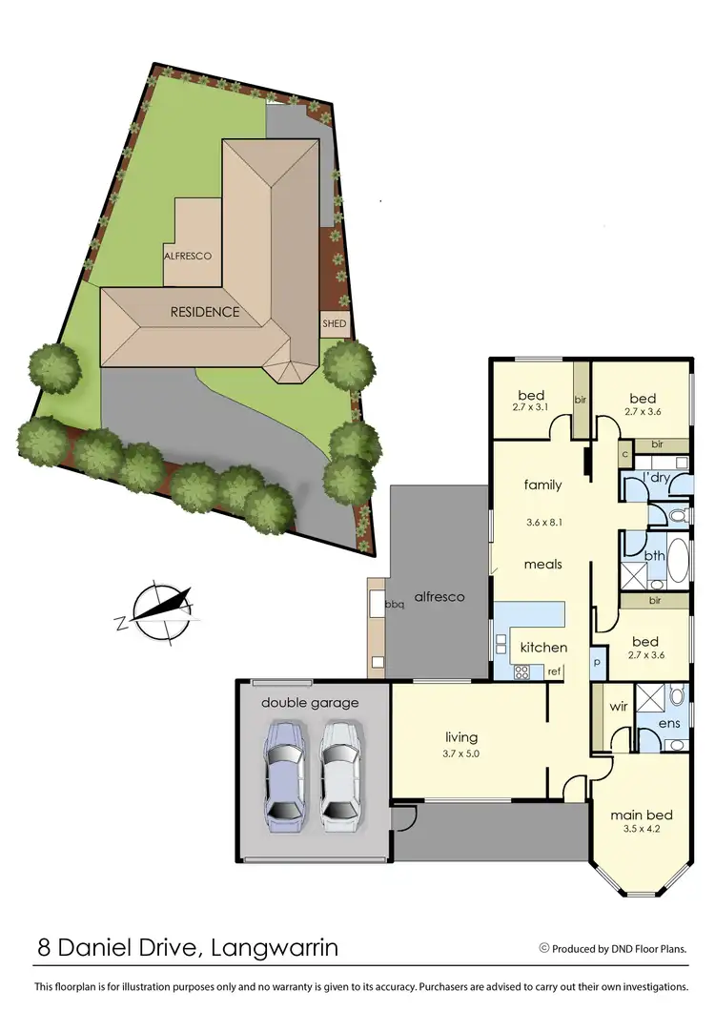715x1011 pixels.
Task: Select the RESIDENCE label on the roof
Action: (205, 312)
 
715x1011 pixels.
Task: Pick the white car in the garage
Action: (339, 773)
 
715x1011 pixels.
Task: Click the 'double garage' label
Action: (311, 703)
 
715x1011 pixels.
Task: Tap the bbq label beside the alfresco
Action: (394, 604)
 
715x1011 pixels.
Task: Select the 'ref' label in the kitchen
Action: (553, 671)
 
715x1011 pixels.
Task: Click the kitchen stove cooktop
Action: (522, 671)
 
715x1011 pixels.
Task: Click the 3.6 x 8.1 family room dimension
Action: (543, 523)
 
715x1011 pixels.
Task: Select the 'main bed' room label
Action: (642, 815)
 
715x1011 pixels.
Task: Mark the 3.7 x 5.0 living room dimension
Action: (461, 753)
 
